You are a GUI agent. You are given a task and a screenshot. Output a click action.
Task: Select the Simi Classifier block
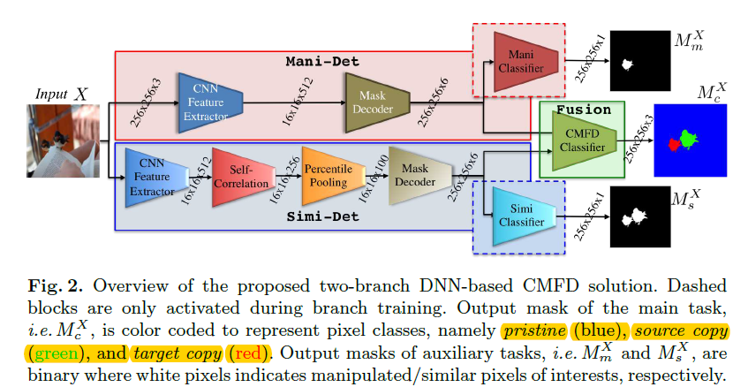pyautogui.click(x=524, y=215)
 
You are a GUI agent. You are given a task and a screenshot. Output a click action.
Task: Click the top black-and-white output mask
pyautogui.click(x=641, y=58)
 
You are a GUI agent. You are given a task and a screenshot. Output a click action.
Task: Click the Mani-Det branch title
pyautogui.click(x=319, y=62)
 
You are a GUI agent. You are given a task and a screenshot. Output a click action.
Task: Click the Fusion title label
pyautogui.click(x=583, y=110)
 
